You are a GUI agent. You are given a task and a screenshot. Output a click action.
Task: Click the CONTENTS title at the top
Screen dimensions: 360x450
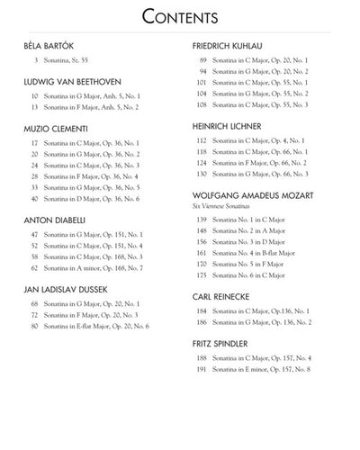click(180, 17)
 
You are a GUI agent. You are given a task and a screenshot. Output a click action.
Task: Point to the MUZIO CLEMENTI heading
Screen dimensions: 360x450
click(56, 129)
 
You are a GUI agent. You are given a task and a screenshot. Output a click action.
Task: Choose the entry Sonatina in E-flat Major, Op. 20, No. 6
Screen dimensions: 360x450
click(96, 325)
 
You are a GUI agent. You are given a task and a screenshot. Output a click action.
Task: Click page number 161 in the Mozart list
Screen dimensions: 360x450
click(202, 253)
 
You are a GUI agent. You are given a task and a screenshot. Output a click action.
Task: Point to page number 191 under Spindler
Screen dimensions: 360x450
click(202, 369)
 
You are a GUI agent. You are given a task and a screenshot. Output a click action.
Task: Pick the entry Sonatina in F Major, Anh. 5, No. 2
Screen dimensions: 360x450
click(91, 107)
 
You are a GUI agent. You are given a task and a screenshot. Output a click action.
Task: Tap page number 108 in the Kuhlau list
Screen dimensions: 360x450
click(202, 104)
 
